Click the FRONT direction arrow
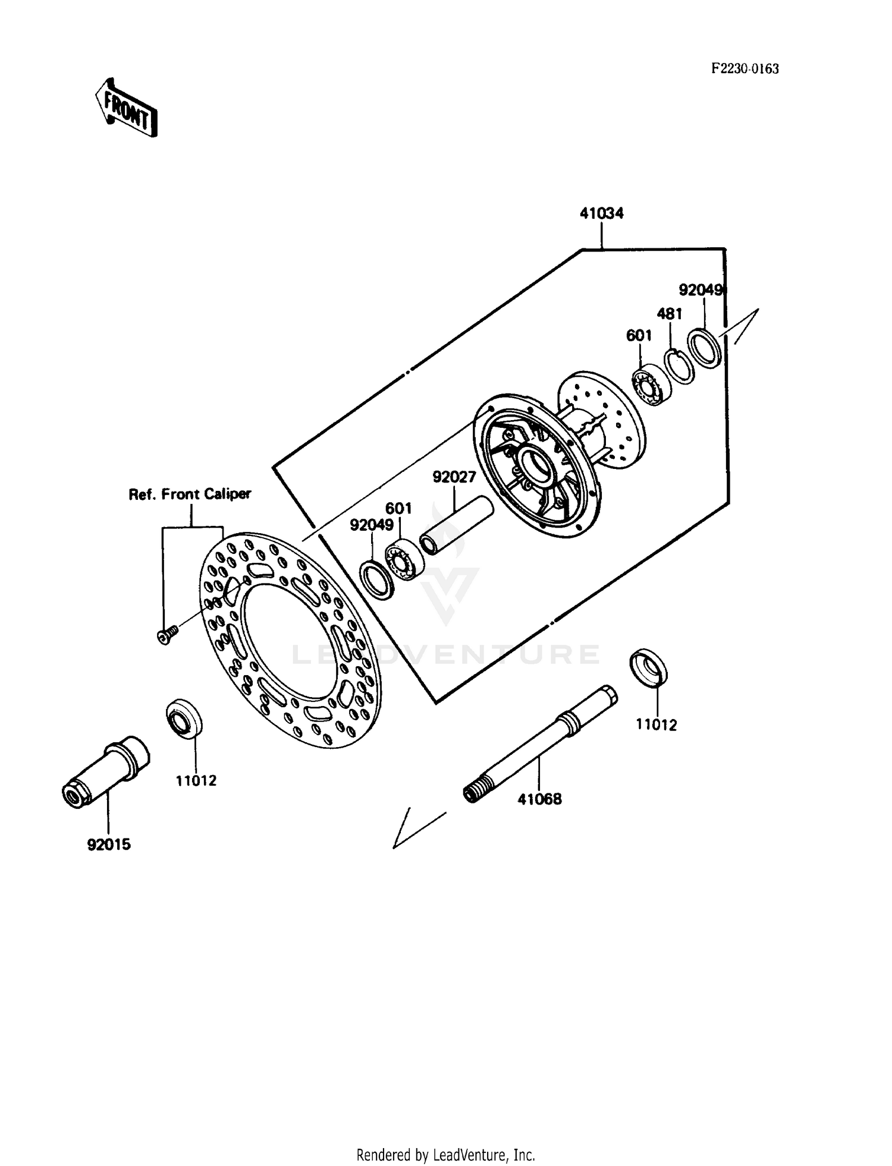tap(126, 108)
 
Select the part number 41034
tap(601, 213)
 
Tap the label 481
tap(669, 313)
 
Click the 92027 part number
tap(454, 477)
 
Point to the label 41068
tap(539, 799)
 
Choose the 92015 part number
tap(109, 844)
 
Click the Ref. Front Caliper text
tap(190, 494)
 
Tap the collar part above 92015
tap(107, 771)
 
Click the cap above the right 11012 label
tap(648, 667)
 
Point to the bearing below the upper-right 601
tap(650, 387)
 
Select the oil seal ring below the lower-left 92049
tap(377, 579)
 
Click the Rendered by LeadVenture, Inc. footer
tap(445, 1155)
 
